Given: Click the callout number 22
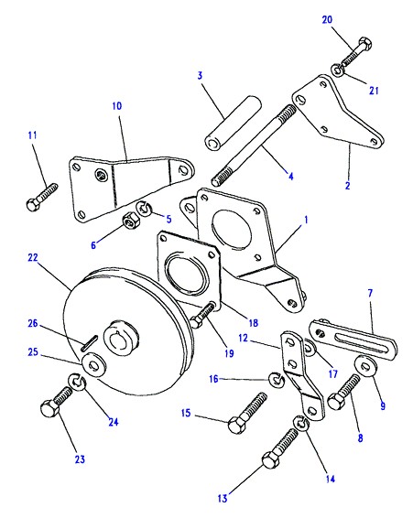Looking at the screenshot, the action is tap(33, 257).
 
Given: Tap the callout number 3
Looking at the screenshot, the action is tap(200, 75).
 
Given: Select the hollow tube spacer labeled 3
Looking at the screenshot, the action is tap(233, 123).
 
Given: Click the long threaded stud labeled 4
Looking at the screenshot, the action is tap(254, 146).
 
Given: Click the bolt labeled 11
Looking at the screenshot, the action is tap(41, 198).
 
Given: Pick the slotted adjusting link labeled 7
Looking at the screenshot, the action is tap(353, 339).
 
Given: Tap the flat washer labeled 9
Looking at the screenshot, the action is tap(365, 366).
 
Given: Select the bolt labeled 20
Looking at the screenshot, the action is tap(356, 52).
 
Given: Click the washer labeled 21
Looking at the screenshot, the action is tap(337, 70).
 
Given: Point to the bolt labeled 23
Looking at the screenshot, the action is tap(56, 401).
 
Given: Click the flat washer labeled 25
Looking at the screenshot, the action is tap(94, 364).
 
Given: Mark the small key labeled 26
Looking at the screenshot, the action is tap(89, 342).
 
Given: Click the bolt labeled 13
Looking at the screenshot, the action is tap(280, 448).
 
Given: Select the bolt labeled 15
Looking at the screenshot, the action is tap(247, 413).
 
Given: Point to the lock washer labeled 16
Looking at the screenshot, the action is tap(277, 379).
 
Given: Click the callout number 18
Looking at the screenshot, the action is tap(254, 323).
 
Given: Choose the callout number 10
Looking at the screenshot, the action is tap(116, 106).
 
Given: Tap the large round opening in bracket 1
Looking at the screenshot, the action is tap(231, 229).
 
